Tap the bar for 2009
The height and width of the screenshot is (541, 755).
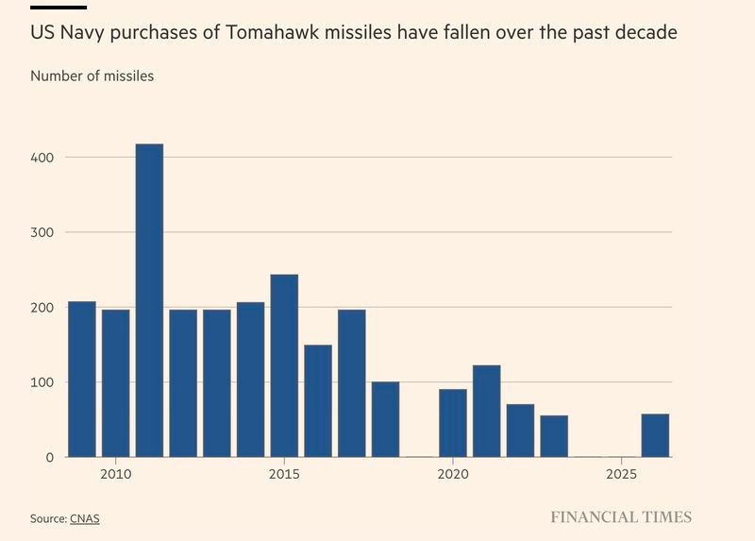[x=82, y=379]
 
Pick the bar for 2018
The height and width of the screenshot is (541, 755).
[x=385, y=419]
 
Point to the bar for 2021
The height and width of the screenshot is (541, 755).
[x=486, y=411]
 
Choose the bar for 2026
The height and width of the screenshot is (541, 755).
[x=655, y=435]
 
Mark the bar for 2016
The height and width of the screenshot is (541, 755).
[x=318, y=400]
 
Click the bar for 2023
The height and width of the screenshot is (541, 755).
[x=554, y=436]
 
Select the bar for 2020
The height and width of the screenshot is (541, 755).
[x=453, y=423]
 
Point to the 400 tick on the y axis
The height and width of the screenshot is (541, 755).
[x=42, y=157]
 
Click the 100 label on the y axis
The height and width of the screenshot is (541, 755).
[x=42, y=382]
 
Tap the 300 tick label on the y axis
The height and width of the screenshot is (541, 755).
[x=42, y=232]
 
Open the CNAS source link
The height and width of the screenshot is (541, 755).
[x=84, y=518]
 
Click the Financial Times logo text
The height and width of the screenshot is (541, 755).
[x=621, y=517]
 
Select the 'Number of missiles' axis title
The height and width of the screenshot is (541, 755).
[x=92, y=76]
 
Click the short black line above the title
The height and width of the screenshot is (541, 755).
[x=59, y=8]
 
